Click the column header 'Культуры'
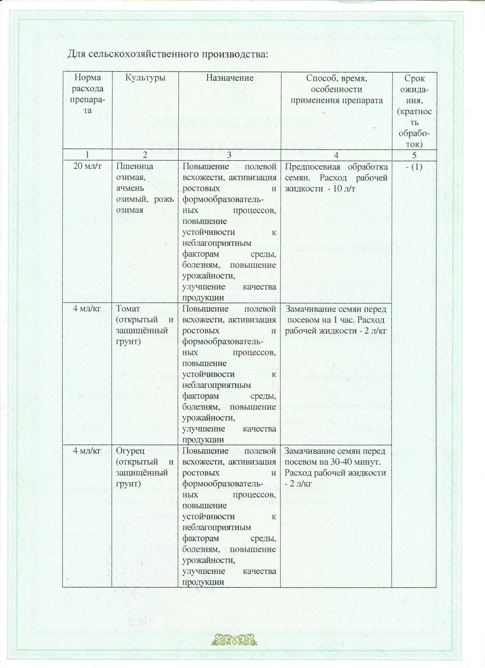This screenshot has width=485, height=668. [x=145, y=78]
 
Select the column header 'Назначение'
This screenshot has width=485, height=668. [x=230, y=78]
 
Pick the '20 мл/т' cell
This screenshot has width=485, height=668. [x=87, y=166]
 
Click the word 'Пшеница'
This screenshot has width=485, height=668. [x=135, y=166]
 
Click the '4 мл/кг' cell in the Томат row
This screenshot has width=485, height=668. [x=87, y=309]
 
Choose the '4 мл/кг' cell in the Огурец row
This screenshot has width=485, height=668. [x=87, y=451]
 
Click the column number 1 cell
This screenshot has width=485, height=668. [x=87, y=155]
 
